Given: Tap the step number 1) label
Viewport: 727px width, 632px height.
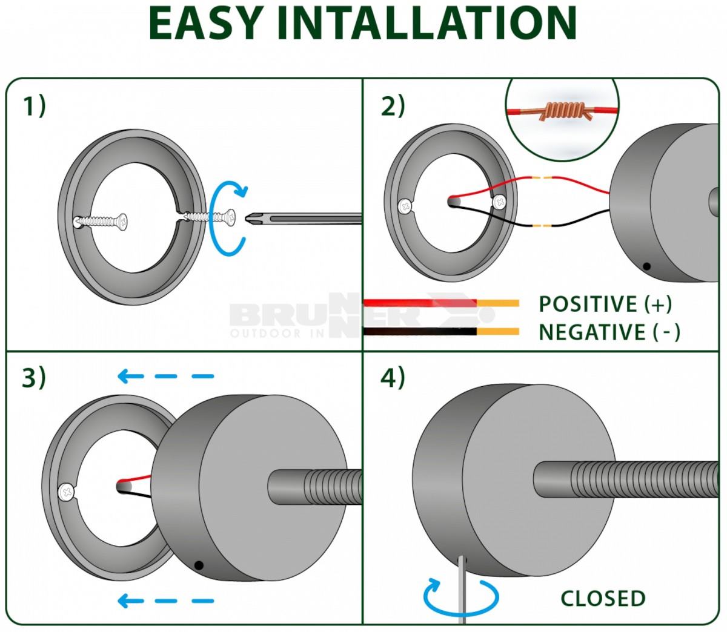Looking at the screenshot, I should coord(35,106).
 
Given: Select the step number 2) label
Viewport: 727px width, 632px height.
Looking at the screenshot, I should coord(393,106).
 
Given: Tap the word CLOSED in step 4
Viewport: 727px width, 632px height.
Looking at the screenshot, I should coord(603,598).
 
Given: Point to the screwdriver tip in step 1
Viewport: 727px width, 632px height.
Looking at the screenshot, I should coord(249,218).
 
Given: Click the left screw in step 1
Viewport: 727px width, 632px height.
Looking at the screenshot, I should coord(99,222).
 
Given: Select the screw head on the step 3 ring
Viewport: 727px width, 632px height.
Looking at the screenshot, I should coord(66,492).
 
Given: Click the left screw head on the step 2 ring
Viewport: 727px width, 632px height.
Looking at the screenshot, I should coord(405,206).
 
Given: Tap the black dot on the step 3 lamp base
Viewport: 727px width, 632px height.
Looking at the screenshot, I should coord(198,565).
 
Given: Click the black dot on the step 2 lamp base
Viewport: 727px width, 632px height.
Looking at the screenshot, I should coord(647,266).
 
